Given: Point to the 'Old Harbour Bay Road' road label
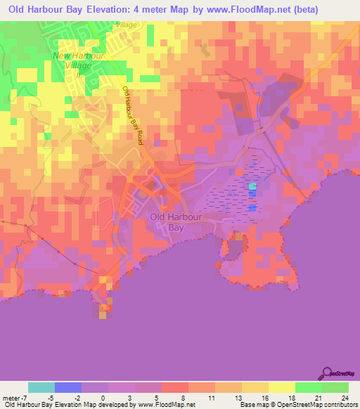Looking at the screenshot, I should click(133, 116).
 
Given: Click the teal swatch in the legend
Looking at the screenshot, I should click(41, 387).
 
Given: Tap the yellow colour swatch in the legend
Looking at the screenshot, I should click(282, 387).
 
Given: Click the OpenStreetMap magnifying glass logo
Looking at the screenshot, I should click(326, 372).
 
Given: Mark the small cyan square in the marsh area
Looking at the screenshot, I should click(252, 187).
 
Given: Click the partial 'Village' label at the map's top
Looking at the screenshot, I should click(127, 25).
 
